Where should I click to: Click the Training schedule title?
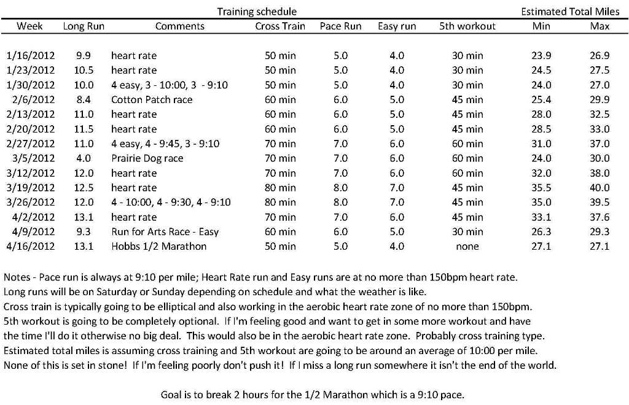[257, 12]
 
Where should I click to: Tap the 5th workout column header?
[467, 26]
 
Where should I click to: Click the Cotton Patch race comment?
[152, 99]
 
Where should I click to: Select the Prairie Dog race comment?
[147, 158]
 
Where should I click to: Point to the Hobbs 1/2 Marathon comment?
[159, 247]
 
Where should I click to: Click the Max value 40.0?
[599, 188]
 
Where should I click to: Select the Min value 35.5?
[541, 188]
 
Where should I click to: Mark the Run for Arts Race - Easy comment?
[165, 232]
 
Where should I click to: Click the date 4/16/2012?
[31, 247]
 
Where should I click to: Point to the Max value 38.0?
[599, 173]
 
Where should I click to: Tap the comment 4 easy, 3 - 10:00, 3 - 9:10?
[170, 85]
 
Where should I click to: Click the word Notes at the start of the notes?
[17, 277]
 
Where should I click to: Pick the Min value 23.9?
[541, 55]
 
